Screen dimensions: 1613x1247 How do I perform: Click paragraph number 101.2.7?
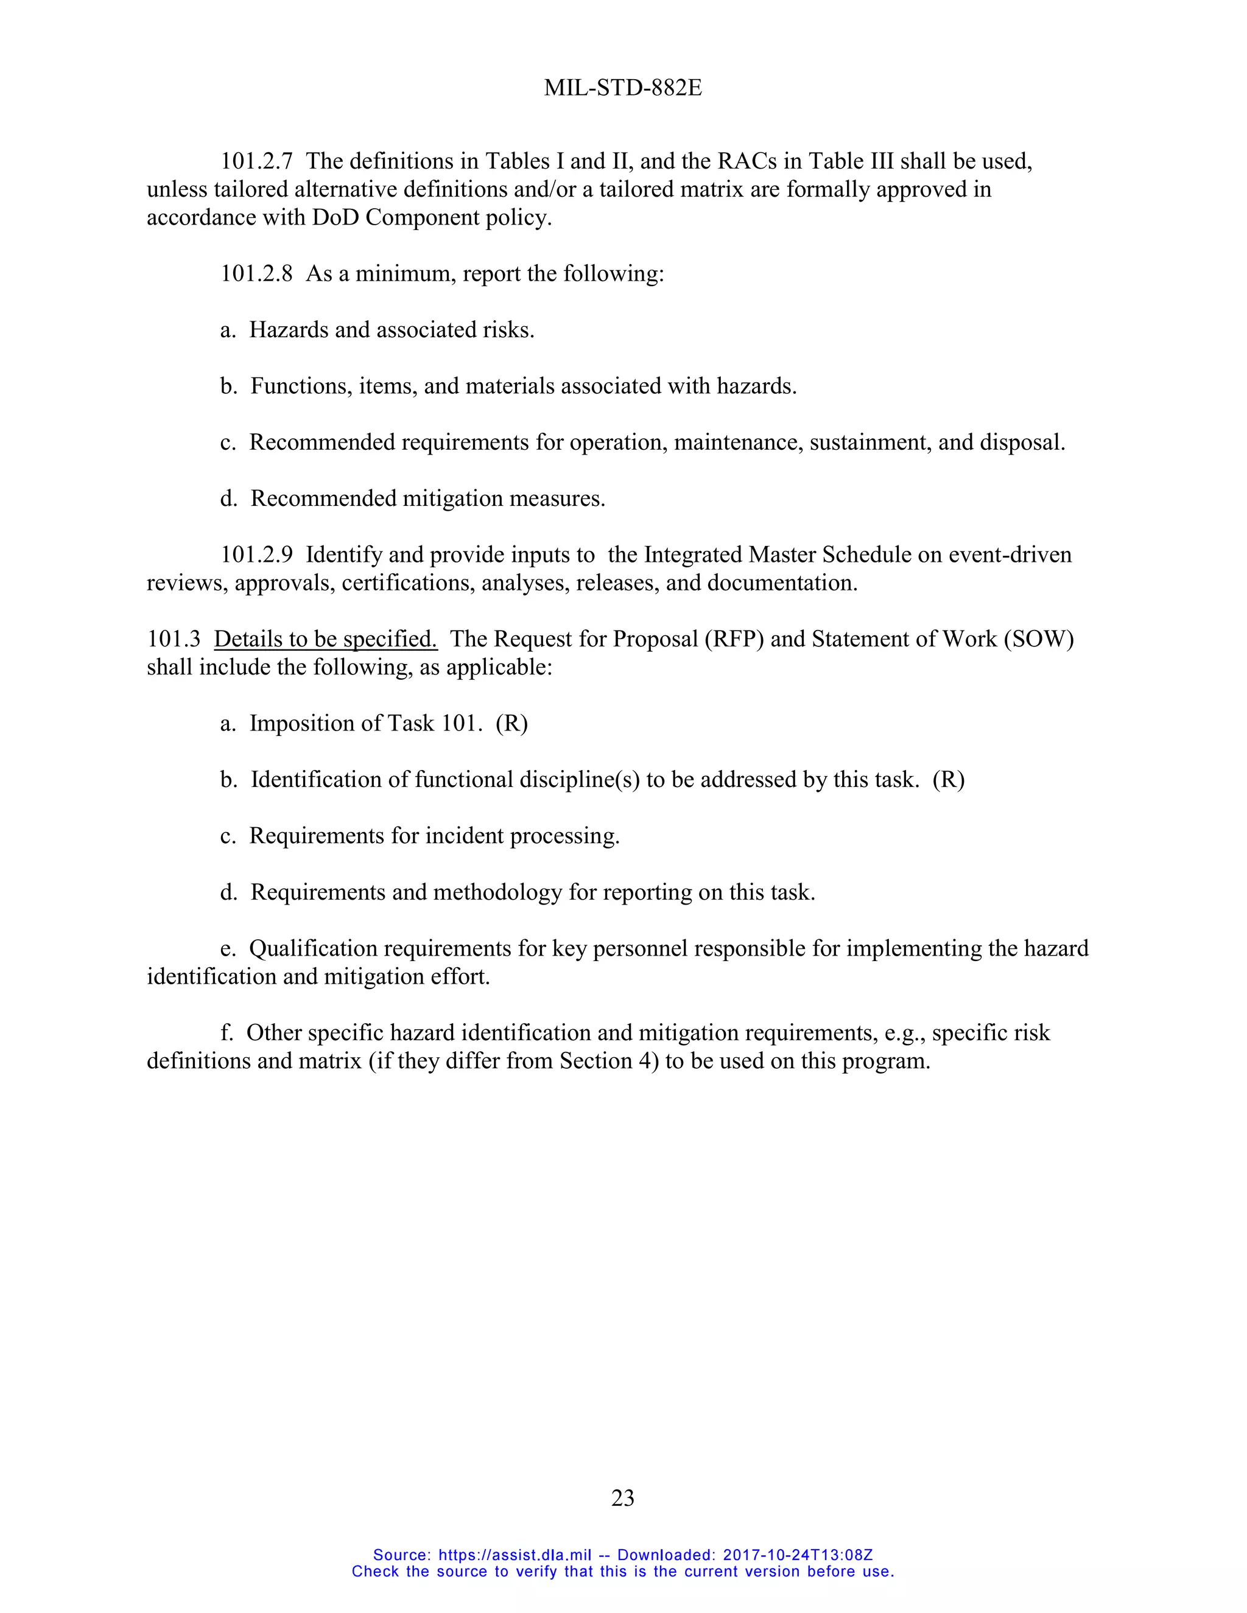click(256, 161)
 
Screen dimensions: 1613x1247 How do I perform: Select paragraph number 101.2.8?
click(256, 274)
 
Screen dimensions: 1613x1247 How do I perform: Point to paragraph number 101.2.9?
click(256, 555)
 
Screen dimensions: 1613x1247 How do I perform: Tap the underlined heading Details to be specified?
click(325, 639)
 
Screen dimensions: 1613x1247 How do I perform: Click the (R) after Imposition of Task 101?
click(512, 723)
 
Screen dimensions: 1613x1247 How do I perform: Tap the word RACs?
click(747, 161)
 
